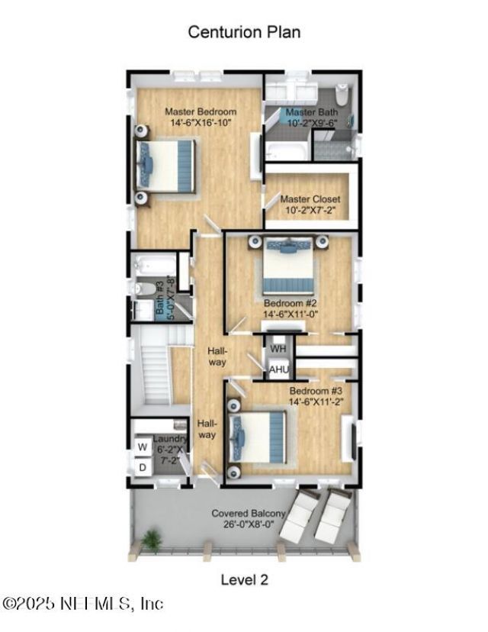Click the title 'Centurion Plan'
(244, 32)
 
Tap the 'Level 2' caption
(244, 579)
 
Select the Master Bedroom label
(201, 117)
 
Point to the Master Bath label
(311, 117)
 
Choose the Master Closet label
(310, 205)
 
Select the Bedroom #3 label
(316, 395)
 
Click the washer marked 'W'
(142, 446)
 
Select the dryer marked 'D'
(142, 466)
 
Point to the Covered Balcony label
(249, 519)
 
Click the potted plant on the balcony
(152, 540)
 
